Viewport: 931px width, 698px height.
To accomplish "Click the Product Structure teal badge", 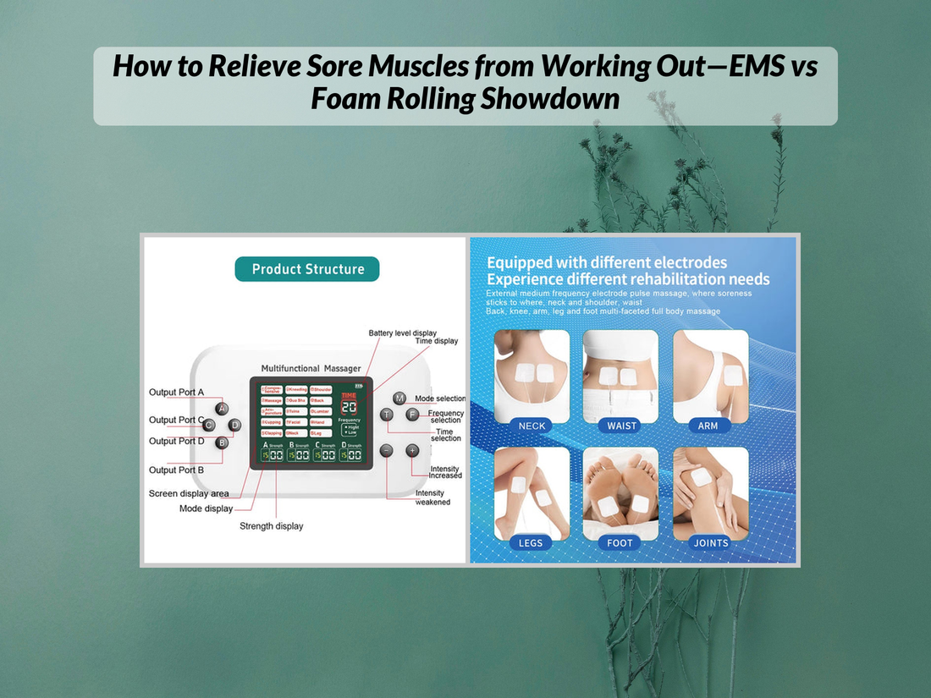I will point(307,269).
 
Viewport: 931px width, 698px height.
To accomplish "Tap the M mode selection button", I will point(399,398).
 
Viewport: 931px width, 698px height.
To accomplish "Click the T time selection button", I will point(387,415).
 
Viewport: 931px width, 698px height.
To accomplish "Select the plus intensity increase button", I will point(412,451).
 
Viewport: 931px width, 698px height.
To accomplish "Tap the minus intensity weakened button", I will point(387,451).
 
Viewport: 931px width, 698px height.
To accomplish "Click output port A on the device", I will point(222,409).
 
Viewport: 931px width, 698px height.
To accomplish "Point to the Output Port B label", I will point(176,470).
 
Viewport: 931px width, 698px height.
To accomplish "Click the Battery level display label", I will point(403,333).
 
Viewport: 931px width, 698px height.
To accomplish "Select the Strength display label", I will point(271,526).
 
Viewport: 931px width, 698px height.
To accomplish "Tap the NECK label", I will point(532,426).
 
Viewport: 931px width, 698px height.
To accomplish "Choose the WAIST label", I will point(622,426).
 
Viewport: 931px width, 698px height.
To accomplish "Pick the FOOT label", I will point(620,543).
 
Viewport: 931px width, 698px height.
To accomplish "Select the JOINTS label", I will point(711,543).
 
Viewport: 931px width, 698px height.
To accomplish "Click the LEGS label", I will point(532,543).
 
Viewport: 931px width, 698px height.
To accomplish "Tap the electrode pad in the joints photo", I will point(701,476).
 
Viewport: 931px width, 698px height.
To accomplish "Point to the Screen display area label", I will point(189,493).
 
